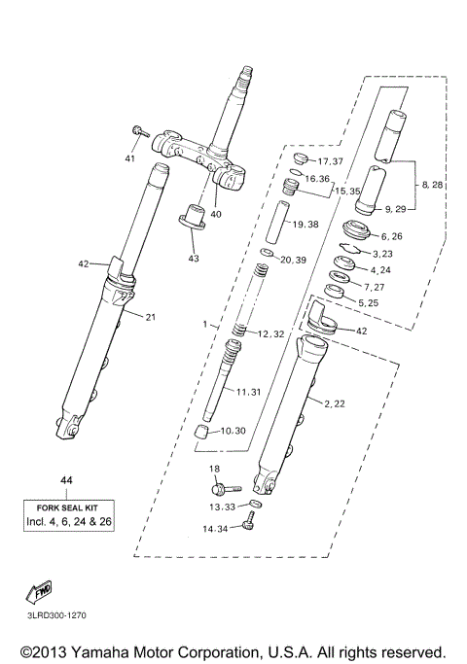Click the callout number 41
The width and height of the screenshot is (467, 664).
(x=130, y=157)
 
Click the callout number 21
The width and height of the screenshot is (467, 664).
(x=151, y=317)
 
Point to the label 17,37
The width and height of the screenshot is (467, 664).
(x=331, y=160)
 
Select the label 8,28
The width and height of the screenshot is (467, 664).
(x=433, y=184)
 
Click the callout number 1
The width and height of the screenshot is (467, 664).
(x=204, y=322)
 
